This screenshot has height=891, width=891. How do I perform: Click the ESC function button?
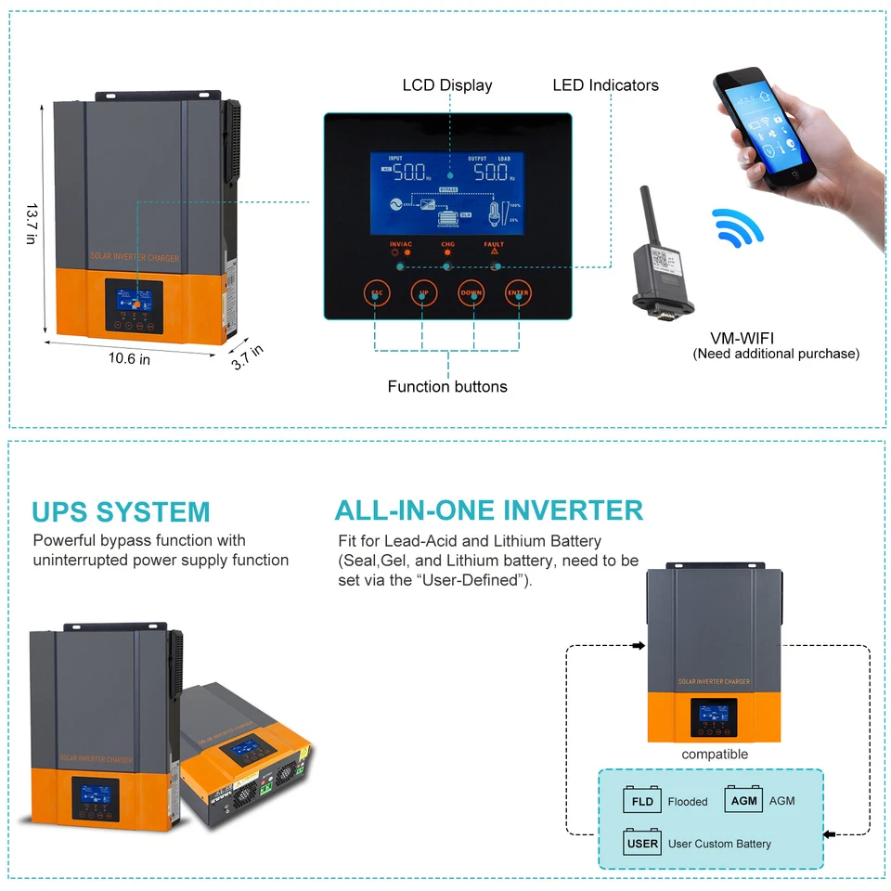coord(377,292)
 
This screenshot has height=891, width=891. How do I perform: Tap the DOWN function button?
coord(471,292)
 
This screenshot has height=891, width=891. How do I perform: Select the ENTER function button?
coord(518,292)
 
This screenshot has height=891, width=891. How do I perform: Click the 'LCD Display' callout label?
coord(447,85)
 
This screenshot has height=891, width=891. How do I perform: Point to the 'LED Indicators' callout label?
coord(605,85)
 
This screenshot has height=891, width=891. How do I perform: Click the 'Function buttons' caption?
coord(447,386)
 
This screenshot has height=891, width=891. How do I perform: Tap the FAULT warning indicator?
coord(494,248)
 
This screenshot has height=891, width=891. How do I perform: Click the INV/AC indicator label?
coord(401,245)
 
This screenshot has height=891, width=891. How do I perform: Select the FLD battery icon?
coord(642,801)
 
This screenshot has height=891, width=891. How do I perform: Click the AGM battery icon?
coord(743,800)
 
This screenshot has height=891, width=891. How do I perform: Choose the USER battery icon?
coord(642,843)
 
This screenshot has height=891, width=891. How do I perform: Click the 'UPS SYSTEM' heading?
coord(121,512)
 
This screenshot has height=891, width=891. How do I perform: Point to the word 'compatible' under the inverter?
coord(715,755)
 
